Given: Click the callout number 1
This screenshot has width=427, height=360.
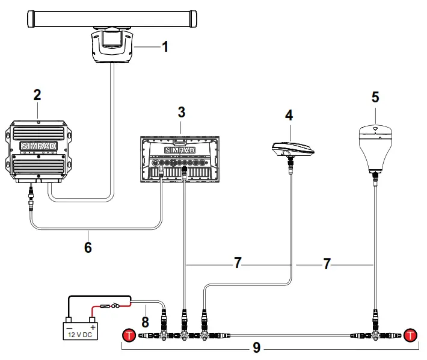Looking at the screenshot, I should (x=163, y=46).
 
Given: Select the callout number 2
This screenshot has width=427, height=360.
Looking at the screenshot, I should (x=37, y=95).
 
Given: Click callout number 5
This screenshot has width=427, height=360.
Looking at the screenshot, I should (x=375, y=96).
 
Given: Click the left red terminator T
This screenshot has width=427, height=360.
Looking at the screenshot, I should (x=129, y=335).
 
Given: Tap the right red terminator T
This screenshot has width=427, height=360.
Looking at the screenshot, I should (x=411, y=335).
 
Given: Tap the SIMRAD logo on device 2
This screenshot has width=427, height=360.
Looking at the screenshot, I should (x=37, y=146).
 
